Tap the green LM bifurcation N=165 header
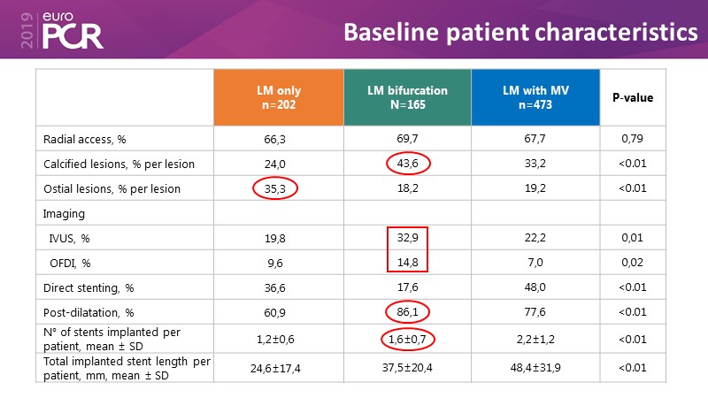[407, 97]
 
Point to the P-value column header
[633, 97]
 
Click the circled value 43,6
[407, 164]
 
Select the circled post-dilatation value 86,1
[407, 312]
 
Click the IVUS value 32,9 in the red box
[407, 238]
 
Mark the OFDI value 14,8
[407, 263]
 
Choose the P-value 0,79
[633, 139]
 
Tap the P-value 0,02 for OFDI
[633, 263]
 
